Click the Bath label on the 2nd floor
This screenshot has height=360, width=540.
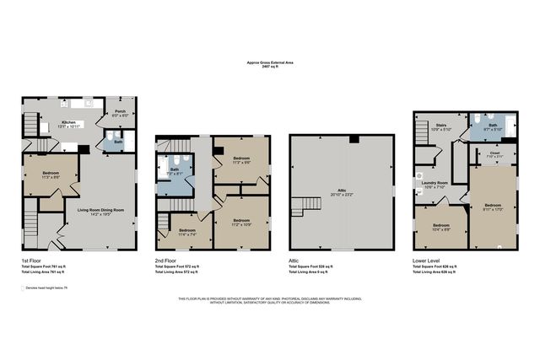tap(175, 172)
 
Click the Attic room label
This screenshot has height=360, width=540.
tap(342, 192)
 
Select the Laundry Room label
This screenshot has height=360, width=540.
tap(436, 184)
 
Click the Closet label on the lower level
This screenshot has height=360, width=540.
tap(494, 155)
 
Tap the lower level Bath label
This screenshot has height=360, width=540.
tap(492, 128)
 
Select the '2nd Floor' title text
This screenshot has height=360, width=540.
tap(165, 261)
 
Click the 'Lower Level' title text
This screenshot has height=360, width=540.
tap(425, 261)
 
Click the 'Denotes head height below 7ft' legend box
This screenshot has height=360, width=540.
tap(24, 288)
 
